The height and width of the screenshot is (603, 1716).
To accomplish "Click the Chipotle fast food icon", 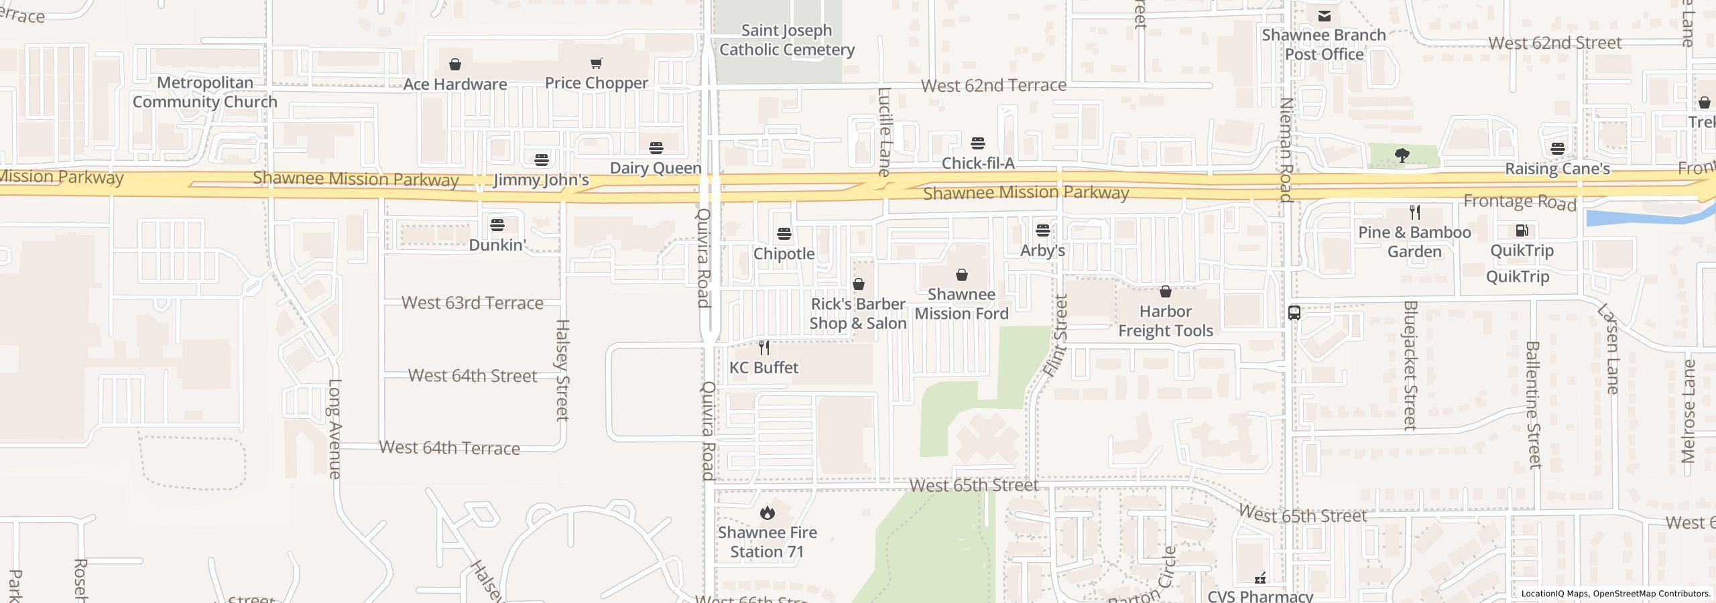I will point(784,234).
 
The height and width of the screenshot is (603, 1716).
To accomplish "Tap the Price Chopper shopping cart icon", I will point(596,64).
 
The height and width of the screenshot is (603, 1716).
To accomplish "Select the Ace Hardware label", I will point(455,84).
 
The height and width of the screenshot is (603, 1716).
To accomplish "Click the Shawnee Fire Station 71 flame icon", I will point(767,513).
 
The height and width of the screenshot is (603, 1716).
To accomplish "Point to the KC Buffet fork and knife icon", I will point(763,348).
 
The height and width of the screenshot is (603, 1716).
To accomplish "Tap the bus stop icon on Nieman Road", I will point(1294,313).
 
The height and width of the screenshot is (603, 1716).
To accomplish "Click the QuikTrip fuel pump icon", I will point(1522,230).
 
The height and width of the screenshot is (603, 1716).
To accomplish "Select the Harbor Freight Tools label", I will point(1165,321).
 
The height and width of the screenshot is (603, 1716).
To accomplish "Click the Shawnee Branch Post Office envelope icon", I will point(1324,15).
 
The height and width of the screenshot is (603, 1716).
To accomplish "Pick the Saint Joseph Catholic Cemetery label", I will point(786,40).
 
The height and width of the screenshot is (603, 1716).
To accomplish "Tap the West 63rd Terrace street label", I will point(472,303).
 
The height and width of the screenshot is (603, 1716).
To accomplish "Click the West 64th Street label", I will point(473,375).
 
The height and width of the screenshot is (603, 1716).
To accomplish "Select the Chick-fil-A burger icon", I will point(977,143).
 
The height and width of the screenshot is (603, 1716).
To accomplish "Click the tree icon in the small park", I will point(1401,155).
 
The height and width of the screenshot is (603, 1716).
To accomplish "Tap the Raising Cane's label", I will point(1557,169).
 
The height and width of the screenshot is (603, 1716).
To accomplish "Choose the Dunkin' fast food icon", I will point(497,224).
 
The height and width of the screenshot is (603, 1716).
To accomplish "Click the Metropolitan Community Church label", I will point(204,92).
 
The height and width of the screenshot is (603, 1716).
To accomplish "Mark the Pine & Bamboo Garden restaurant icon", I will point(1414,212).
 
